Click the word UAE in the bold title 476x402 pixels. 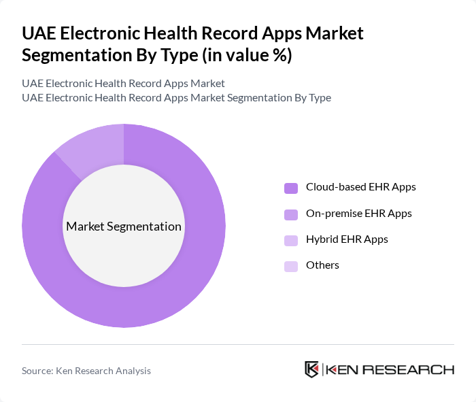click(39, 34)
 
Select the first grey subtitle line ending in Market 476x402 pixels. click(123, 83)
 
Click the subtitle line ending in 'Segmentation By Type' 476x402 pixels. click(176, 97)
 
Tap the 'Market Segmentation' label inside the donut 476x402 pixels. click(124, 227)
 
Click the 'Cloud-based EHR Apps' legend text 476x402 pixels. click(360, 186)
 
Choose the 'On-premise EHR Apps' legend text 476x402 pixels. click(358, 213)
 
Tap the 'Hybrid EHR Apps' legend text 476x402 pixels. click(347, 239)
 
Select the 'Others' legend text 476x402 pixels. click(322, 265)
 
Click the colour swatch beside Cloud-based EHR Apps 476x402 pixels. click(290, 188)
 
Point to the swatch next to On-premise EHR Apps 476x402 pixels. click(290, 214)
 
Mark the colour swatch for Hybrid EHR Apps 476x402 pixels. click(290, 240)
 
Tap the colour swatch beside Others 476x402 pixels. click(290, 266)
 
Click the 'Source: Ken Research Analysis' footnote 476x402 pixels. click(86, 371)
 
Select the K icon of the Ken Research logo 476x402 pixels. click(312, 369)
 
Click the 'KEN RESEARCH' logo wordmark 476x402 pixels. click(390, 370)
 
